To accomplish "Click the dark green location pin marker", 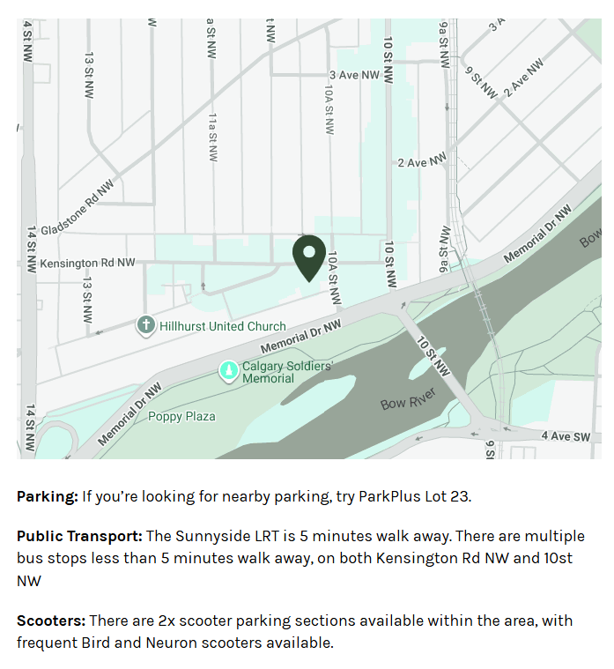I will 309,256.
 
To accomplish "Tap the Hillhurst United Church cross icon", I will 146,325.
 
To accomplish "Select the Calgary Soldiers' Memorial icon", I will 228,371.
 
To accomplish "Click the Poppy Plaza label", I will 181,416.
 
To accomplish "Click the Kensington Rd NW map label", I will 88,263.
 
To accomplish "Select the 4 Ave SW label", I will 566,435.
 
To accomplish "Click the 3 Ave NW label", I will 354,75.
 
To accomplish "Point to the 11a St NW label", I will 213,136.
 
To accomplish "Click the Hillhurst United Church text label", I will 223,326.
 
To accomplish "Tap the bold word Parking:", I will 47,496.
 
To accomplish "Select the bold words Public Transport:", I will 79,536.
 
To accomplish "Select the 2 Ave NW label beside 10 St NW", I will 423,162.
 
